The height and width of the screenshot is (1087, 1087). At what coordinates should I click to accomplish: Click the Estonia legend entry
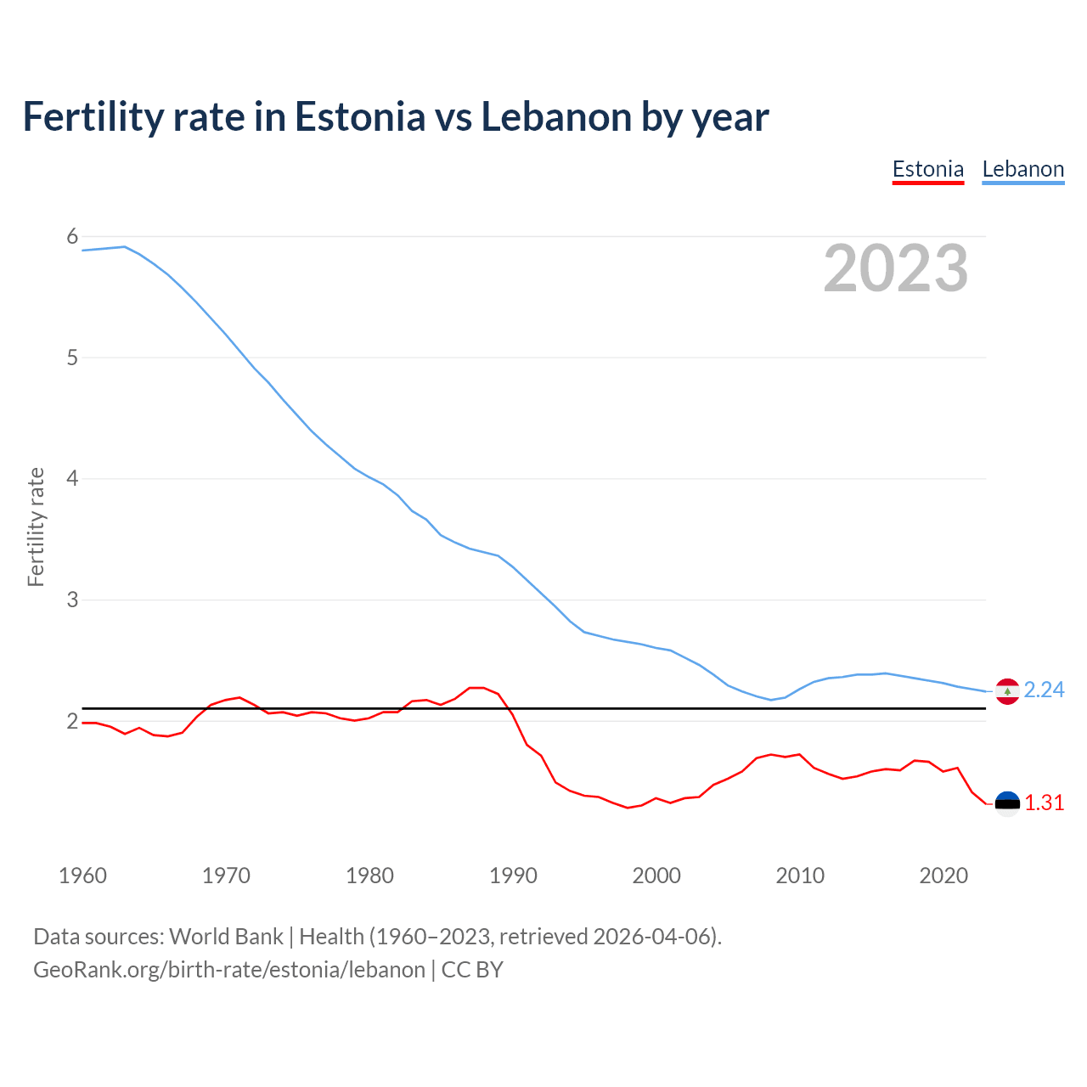[927, 169]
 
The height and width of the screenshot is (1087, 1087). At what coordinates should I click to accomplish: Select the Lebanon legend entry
[1022, 169]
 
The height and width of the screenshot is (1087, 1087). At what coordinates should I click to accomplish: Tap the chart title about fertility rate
[396, 116]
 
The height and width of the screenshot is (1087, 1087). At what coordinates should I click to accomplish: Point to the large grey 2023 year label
[895, 268]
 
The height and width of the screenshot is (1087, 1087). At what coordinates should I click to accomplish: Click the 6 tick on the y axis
[72, 236]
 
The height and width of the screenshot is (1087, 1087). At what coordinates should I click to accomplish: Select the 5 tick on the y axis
[72, 358]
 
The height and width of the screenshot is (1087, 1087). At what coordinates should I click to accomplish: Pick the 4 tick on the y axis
[72, 479]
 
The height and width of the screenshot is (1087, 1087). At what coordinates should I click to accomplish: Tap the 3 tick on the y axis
[72, 600]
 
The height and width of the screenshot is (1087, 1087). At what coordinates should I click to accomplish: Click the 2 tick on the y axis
[72, 721]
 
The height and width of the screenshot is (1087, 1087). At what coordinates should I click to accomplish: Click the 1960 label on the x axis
[82, 876]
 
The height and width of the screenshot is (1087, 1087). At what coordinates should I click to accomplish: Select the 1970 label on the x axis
[226, 876]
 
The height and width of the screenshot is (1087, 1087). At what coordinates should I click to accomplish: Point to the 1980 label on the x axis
[369, 876]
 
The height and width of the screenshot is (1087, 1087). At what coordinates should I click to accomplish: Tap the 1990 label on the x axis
[513, 876]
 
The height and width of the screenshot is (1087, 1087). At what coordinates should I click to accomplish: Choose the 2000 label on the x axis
[656, 876]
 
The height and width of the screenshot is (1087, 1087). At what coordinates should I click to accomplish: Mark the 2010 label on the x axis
[800, 876]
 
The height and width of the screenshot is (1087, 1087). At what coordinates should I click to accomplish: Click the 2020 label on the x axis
[943, 876]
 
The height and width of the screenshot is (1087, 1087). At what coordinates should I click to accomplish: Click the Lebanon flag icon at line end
[1007, 691]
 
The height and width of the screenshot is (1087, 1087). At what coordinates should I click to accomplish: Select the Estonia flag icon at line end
[1007, 803]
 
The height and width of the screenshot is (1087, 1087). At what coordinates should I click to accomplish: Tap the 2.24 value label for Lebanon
[1044, 690]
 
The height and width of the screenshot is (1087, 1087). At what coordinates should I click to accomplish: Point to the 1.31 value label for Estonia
[1044, 803]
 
